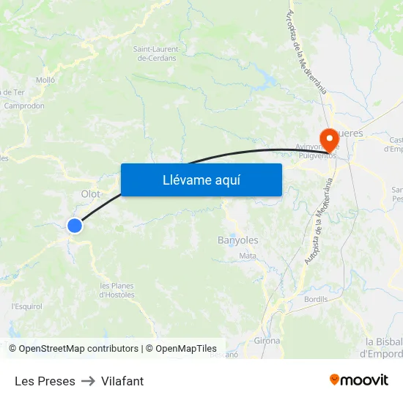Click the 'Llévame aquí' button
pyautogui.click(x=201, y=180)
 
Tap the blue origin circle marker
pyautogui.click(x=75, y=226)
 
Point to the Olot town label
pyautogui.click(x=91, y=193)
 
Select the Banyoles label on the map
pyautogui.click(x=238, y=240)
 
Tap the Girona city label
pyautogui.click(x=267, y=341)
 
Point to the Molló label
pyautogui.click(x=45, y=80)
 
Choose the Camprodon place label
pyautogui.click(x=24, y=106)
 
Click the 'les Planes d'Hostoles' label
pyautogui.click(x=117, y=290)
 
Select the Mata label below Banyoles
pyautogui.click(x=248, y=256)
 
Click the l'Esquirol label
pyautogui.click(x=26, y=306)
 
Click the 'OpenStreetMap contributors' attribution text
pyautogui.click(x=78, y=349)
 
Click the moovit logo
pyautogui.click(x=359, y=380)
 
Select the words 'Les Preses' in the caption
pyautogui.click(x=45, y=381)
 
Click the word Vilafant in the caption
pyautogui.click(x=122, y=381)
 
